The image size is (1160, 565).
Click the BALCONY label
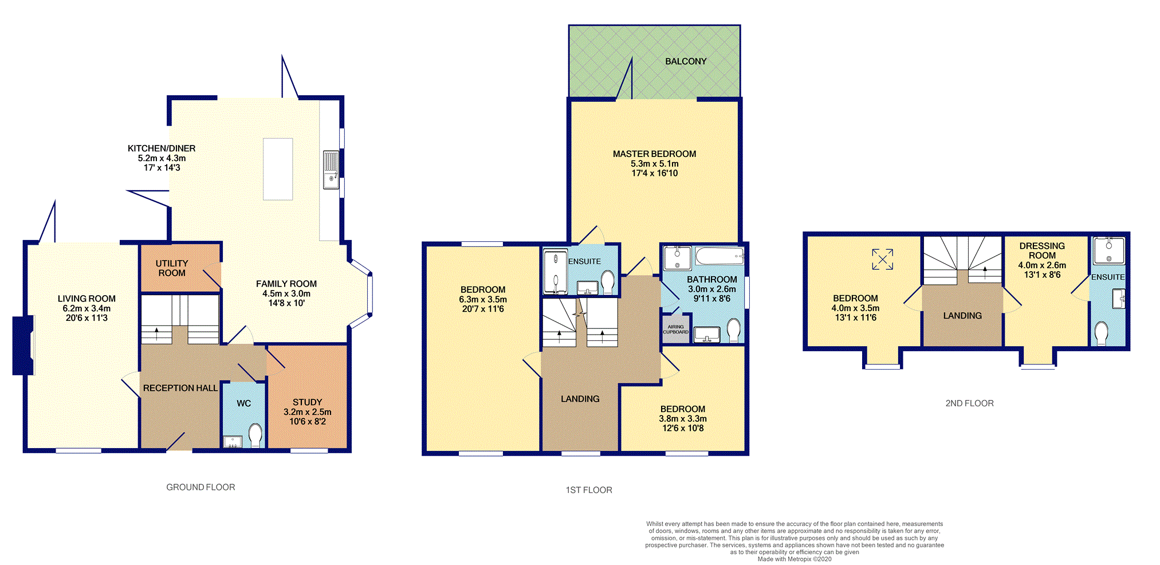(x=685, y=61)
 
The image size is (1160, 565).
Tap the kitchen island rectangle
(x=278, y=168)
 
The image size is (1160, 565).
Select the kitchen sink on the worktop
(x=331, y=170)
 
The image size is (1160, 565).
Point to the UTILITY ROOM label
(x=172, y=268)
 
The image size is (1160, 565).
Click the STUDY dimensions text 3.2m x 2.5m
(x=307, y=412)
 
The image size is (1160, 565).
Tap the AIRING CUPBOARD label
(x=675, y=329)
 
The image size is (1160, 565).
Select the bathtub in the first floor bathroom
(x=719, y=256)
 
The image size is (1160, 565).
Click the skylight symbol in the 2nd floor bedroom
(x=882, y=259)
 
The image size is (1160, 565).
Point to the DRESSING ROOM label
(x=1041, y=250)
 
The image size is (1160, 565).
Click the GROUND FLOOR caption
(x=200, y=487)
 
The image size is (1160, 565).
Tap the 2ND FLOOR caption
(x=969, y=403)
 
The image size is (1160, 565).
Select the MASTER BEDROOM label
(x=654, y=154)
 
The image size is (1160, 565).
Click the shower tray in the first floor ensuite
(x=555, y=272)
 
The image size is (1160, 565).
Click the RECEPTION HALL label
(x=180, y=388)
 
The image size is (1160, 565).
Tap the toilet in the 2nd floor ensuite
(x=1101, y=332)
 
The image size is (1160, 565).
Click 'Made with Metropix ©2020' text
(x=794, y=559)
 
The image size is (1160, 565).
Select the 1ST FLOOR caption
(x=589, y=490)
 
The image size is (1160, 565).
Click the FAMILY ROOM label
(x=286, y=284)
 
